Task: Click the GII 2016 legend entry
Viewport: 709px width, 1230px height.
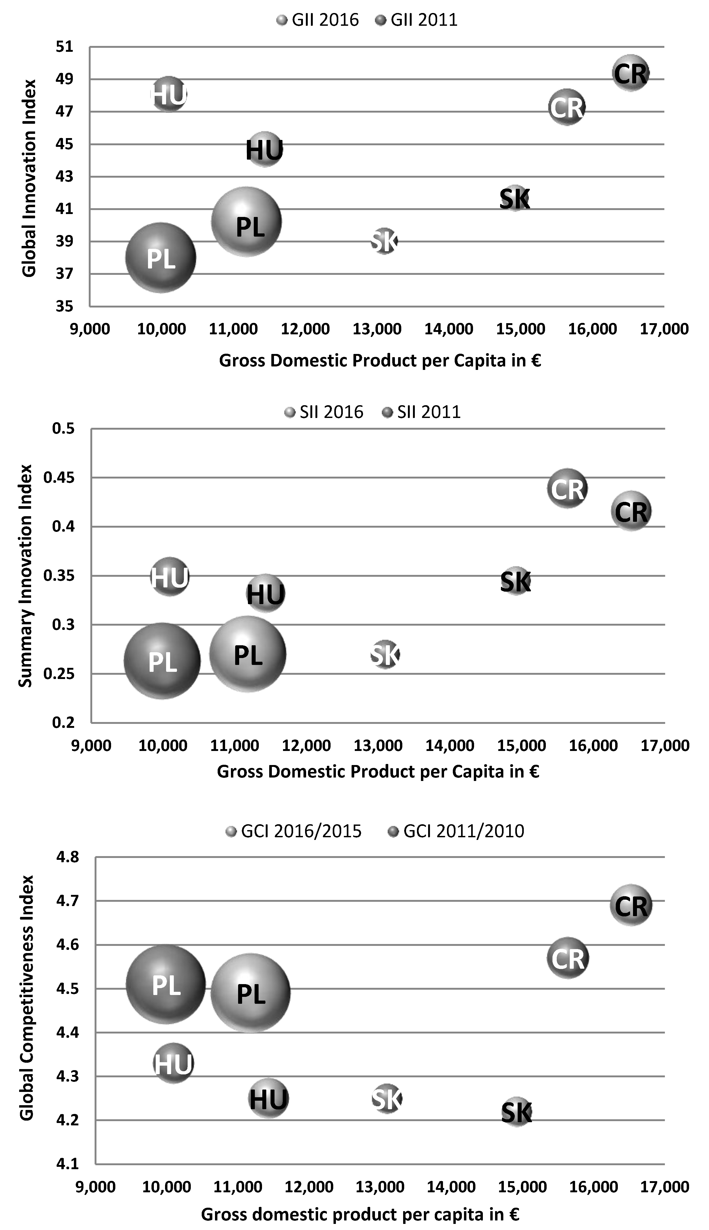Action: point(318,20)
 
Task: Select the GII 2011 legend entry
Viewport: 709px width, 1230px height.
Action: point(417,20)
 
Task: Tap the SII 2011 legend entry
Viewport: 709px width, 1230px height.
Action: point(422,412)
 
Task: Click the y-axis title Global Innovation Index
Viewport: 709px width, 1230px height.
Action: point(29,178)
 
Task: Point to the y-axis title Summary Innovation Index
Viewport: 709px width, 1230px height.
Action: point(25,576)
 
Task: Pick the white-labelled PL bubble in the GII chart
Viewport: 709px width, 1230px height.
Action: point(161,258)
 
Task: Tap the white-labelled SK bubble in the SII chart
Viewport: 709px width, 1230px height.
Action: point(385,654)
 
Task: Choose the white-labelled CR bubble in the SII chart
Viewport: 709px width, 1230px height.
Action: point(567,489)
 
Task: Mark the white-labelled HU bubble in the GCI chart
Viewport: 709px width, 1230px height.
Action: point(173,1064)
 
